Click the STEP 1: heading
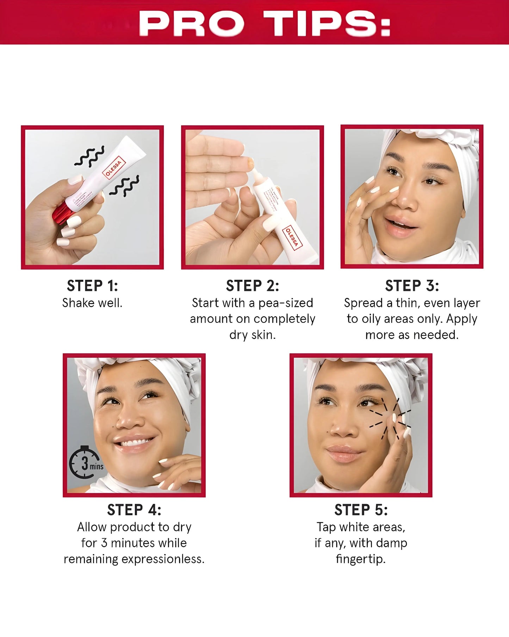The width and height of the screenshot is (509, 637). pyautogui.click(x=92, y=286)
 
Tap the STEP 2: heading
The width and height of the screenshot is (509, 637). pyautogui.click(x=252, y=286)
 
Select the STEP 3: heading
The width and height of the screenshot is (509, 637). pyautogui.click(x=412, y=286)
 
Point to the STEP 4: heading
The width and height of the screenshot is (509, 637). pyautogui.click(x=134, y=510)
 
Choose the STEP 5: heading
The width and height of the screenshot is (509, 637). pyautogui.click(x=361, y=510)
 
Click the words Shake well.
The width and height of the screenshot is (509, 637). pyautogui.click(x=92, y=303)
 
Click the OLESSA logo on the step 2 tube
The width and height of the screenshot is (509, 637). pyautogui.click(x=292, y=237)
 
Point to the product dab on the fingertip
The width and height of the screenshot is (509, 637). pyautogui.click(x=251, y=162)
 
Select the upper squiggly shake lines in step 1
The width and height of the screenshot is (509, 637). pyautogui.click(x=89, y=156)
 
